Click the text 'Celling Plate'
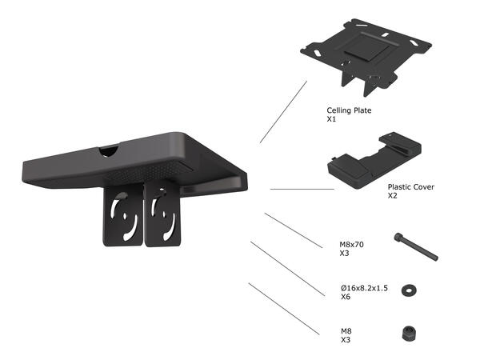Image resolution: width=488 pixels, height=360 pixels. (349, 110)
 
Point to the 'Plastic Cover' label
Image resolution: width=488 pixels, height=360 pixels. (411, 186)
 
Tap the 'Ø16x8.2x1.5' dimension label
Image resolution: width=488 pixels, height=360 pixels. (364, 288)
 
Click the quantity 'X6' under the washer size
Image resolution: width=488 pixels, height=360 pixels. (345, 297)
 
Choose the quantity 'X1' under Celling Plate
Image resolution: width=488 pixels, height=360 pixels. (331, 119)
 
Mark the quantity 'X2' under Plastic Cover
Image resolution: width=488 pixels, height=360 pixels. (393, 195)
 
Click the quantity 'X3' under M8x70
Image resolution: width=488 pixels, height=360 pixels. (345, 253)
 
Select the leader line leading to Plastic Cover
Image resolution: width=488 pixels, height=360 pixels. (302, 190)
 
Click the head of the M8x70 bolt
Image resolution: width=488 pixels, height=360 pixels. (398, 237)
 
